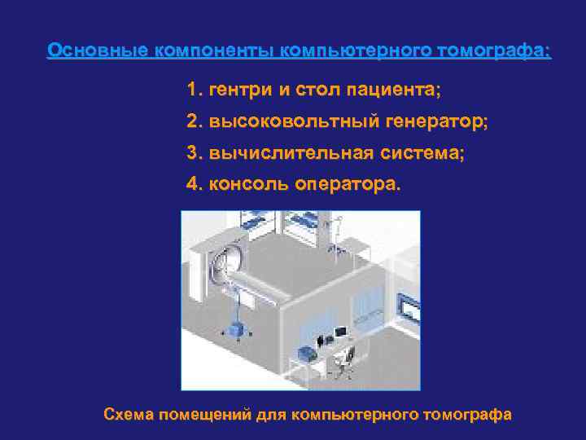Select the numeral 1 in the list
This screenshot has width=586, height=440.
click(192, 87)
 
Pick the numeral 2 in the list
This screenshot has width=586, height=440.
click(192, 121)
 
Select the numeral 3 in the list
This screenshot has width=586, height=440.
click(192, 152)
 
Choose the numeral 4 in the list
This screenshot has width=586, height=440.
click(192, 183)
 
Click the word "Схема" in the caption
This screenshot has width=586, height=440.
click(129, 414)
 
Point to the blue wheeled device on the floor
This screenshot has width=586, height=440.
click(239, 329)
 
